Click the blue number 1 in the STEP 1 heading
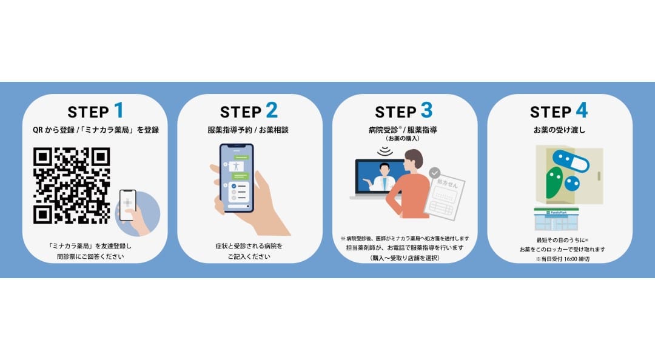(119, 111)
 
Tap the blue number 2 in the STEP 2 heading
(272, 111)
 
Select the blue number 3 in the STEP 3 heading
(426, 111)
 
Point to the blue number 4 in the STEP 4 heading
(582, 111)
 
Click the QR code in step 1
(72, 185)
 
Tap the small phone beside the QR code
(128, 205)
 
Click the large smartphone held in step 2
(237, 178)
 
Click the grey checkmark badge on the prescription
(434, 173)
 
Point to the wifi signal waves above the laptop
(385, 151)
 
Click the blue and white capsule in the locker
(571, 161)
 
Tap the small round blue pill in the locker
(572, 182)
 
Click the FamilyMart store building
(556, 218)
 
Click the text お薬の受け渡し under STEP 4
(559, 130)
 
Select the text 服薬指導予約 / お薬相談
(248, 130)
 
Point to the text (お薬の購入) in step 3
(403, 139)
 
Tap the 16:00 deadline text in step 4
(562, 259)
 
